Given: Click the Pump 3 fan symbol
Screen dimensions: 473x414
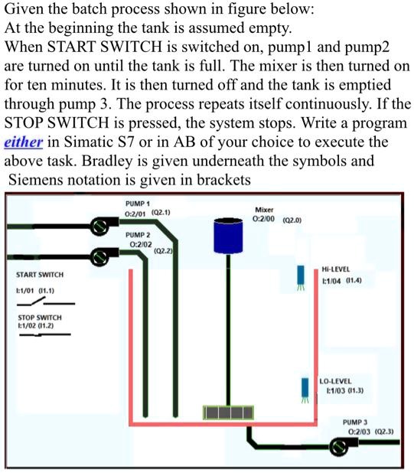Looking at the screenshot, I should (337, 447).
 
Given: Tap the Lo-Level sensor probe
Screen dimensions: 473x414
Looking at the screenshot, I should (304, 390).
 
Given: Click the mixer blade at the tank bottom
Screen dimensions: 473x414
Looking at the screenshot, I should (227, 413).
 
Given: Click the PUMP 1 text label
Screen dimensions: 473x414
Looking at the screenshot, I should (138, 202).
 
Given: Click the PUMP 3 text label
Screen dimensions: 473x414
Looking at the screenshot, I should (355, 422).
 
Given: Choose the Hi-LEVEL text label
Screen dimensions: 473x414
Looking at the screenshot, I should (337, 270).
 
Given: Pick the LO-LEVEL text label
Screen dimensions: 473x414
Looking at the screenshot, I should (337, 380).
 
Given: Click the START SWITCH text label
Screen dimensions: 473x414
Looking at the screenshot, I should (40, 275).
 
